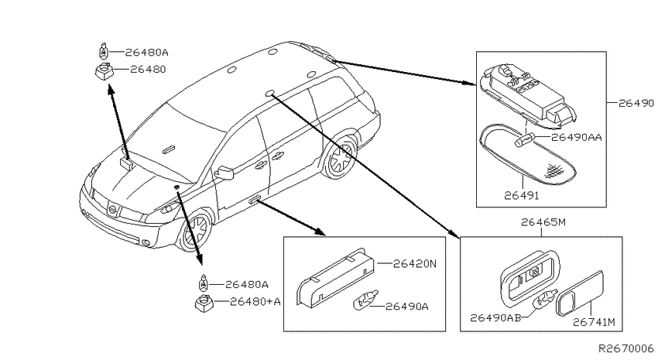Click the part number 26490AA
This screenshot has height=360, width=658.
coord(577,137)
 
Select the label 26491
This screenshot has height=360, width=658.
coord(522,195)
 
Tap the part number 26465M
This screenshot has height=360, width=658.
coord(543,222)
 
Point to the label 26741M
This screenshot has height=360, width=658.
coord(595,322)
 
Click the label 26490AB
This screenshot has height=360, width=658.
coord(495,317)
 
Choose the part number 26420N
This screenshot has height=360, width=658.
coord(415,263)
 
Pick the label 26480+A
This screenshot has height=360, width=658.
coord(255,301)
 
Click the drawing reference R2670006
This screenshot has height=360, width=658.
coord(626,348)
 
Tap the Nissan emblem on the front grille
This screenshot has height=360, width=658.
coord(112,209)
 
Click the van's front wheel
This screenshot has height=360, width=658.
coord(196,231)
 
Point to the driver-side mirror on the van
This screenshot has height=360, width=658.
coord(224,172)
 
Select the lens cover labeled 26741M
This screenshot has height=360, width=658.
coord(580,293)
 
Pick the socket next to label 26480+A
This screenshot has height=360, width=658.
coord(204,303)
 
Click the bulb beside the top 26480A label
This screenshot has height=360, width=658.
coord(103,51)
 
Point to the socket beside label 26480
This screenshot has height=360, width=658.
coord(104,70)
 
